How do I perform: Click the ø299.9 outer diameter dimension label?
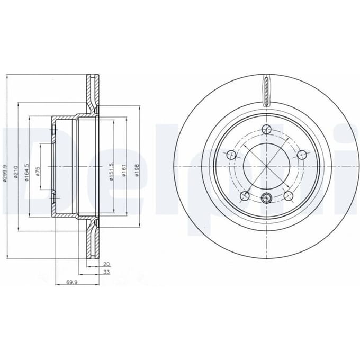[x=5, y=173]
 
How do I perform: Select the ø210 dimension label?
[x=15, y=172]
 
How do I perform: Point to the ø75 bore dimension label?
[x=38, y=172]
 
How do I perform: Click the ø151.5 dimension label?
[x=111, y=172]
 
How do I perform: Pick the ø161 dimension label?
[x=124, y=170]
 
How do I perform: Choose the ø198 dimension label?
[x=137, y=170]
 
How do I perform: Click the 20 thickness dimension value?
[x=106, y=264]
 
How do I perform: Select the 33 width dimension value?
[x=107, y=272]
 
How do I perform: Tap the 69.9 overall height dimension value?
[x=71, y=282]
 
